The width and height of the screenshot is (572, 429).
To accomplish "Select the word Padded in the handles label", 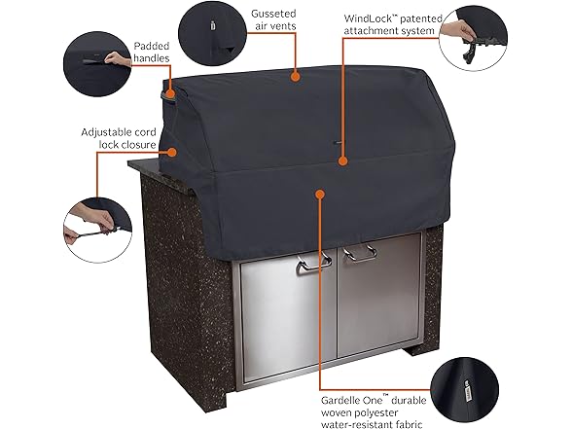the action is (152, 46).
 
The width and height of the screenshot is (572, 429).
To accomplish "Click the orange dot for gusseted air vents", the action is (295, 77).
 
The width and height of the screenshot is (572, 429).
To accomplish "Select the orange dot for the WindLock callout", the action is (342, 161).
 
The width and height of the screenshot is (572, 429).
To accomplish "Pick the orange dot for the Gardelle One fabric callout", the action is (320, 195).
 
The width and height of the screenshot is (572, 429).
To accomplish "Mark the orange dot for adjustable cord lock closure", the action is (172, 152).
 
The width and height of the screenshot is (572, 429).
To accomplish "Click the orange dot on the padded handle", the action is (170, 93).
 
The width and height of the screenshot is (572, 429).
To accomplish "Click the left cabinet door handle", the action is (313, 264).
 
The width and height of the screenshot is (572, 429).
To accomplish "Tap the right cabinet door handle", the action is (360, 253).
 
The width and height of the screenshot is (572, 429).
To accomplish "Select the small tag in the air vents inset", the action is (213, 25).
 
